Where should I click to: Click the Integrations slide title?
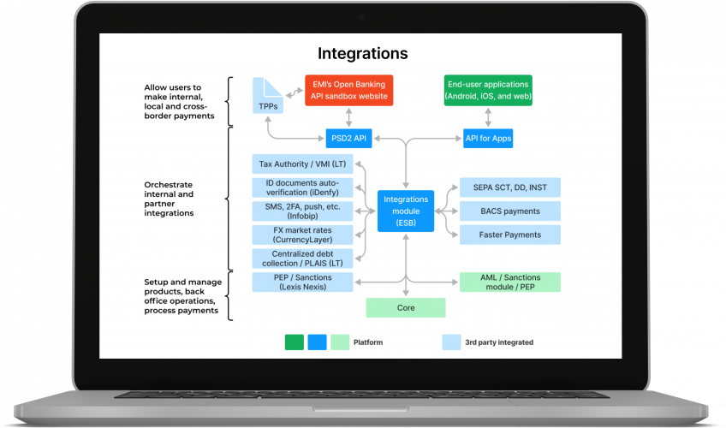pyautogui.click(x=362, y=54)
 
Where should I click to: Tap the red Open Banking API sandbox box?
pyautogui.click(x=347, y=91)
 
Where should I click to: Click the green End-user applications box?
pyautogui.click(x=488, y=91)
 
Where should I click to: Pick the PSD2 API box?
pyautogui.click(x=348, y=138)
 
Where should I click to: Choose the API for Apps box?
pyautogui.click(x=488, y=138)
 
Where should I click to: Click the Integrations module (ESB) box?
pyautogui.click(x=406, y=211)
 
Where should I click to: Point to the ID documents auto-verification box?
pyautogui.click(x=302, y=187)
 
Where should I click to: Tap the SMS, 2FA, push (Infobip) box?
pyautogui.click(x=302, y=211)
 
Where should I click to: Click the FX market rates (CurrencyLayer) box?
pyautogui.click(x=302, y=235)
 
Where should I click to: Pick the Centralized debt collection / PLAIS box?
pyautogui.click(x=302, y=259)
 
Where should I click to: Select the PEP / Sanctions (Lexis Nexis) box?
pyautogui.click(x=302, y=282)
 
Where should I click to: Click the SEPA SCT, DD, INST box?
pyautogui.click(x=509, y=187)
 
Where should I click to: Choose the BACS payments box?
pyautogui.click(x=509, y=211)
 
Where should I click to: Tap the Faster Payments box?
pyautogui.click(x=509, y=235)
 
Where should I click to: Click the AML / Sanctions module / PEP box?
pyautogui.click(x=509, y=282)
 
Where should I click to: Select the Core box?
pyautogui.click(x=406, y=307)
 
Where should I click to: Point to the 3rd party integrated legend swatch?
pyautogui.click(x=451, y=342)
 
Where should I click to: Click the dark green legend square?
pyautogui.click(x=295, y=342)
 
